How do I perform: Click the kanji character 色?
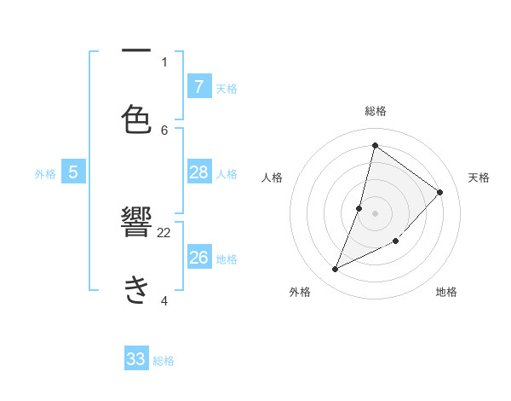(x=137, y=119)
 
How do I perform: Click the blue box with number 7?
(x=199, y=86)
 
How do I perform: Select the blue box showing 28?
(x=199, y=172)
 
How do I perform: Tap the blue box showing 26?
(x=199, y=257)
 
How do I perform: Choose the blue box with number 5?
(x=73, y=172)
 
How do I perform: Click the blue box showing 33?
(x=136, y=359)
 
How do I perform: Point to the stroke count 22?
(x=164, y=232)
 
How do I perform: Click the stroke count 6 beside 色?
(x=164, y=130)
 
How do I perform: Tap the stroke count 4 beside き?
(x=164, y=300)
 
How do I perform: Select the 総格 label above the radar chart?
(x=376, y=111)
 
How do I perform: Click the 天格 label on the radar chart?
(x=479, y=177)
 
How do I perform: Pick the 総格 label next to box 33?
(x=164, y=361)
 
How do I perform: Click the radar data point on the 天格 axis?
(x=440, y=192)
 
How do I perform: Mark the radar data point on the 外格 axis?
(x=336, y=270)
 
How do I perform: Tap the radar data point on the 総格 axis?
(x=375, y=145)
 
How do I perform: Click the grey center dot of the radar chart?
(x=375, y=212)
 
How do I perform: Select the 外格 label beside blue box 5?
(x=45, y=173)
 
